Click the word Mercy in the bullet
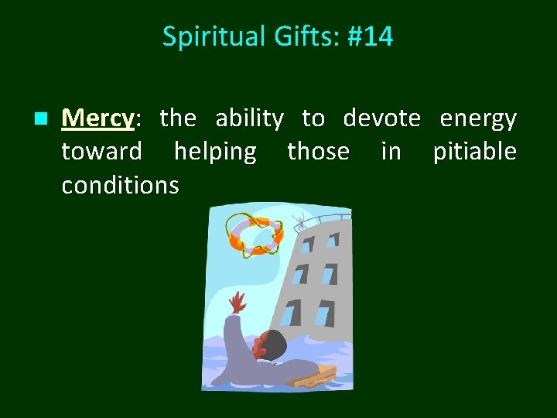pyautogui.click(x=97, y=118)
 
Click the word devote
pyautogui.click(x=381, y=118)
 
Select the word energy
pyautogui.click(x=477, y=118)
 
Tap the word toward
pyautogui.click(x=101, y=152)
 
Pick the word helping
pyautogui.click(x=214, y=152)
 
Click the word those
pyautogui.click(x=318, y=152)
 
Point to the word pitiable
pyautogui.click(x=474, y=152)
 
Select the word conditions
pyautogui.click(x=120, y=185)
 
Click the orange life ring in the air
pyautogui.click(x=254, y=235)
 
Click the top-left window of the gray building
pyautogui.click(x=308, y=245)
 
